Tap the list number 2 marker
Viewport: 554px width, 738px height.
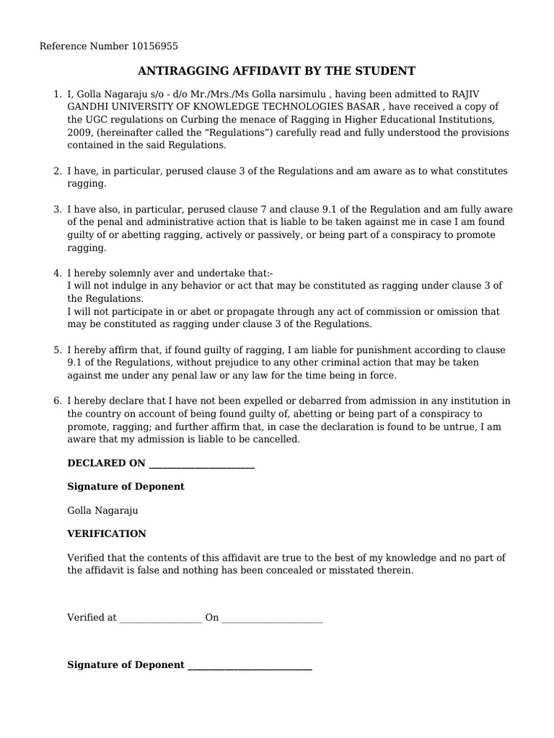(x=57, y=172)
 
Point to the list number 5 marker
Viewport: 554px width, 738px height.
(x=57, y=350)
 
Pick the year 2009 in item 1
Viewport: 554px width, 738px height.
(x=80, y=133)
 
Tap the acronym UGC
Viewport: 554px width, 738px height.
(x=98, y=120)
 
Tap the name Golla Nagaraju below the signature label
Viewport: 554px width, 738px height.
(x=102, y=510)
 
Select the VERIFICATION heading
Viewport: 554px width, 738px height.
(x=107, y=534)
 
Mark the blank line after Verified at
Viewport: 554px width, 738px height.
(x=160, y=618)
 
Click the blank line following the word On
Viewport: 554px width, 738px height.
(x=272, y=618)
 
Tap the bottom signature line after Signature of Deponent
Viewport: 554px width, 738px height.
(x=250, y=666)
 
